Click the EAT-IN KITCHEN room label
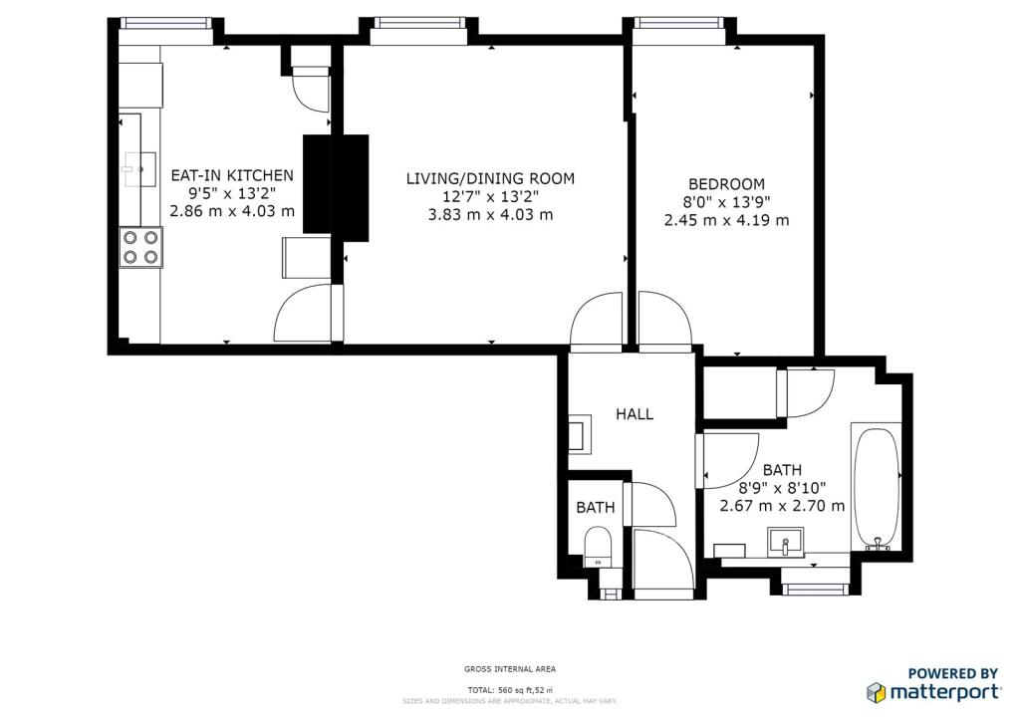tap(232, 175)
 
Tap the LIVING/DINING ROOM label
tap(490, 178)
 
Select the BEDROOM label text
tap(726, 184)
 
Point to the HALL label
tap(635, 414)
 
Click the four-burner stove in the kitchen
tap(140, 247)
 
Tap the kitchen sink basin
tap(140, 169)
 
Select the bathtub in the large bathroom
tap(877, 488)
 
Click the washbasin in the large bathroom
tap(786, 542)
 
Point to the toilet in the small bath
tap(598, 546)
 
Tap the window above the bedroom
tap(679, 24)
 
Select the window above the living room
tap(419, 24)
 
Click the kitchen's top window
tap(166, 24)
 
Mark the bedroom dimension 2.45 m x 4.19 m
tap(726, 220)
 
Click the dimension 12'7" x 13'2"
tap(490, 196)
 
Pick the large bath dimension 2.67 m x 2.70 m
tap(783, 505)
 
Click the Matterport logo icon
tap(877, 692)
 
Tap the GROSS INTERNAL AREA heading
tap(510, 669)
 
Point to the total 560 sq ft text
tap(510, 690)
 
